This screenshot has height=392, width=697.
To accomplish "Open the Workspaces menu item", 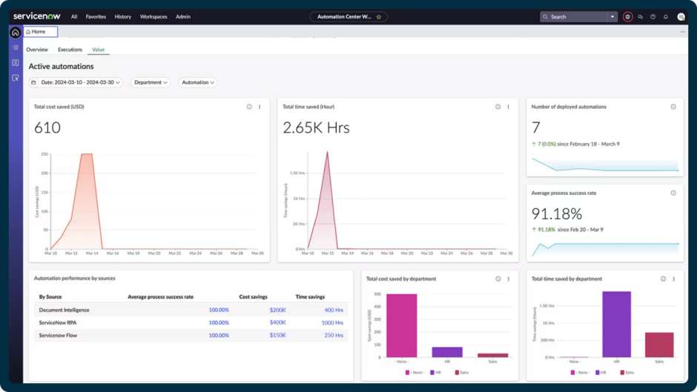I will [153, 16].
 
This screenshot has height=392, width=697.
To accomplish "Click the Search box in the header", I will [578, 16].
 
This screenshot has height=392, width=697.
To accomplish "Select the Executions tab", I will [70, 50].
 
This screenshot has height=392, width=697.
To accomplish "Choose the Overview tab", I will [37, 50].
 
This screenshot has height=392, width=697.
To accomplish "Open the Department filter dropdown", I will [151, 82].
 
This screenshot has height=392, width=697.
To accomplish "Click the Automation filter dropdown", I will [197, 82].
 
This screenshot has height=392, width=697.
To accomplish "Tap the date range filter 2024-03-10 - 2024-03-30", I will [77, 82].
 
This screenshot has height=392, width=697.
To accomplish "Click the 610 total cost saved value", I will [47, 127].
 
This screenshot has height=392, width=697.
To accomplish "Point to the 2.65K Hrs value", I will [316, 127].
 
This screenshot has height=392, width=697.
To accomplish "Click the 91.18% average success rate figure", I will [556, 214].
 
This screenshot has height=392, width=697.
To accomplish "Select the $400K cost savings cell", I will [277, 322].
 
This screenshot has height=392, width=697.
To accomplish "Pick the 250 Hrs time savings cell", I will [333, 336].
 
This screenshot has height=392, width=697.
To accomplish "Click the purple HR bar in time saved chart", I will [616, 325].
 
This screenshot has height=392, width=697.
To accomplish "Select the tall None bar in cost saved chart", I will [401, 326].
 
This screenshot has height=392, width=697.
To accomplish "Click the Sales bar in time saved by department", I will [659, 345].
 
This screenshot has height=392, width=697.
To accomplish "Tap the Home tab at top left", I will [40, 32].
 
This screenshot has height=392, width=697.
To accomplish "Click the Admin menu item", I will [183, 16].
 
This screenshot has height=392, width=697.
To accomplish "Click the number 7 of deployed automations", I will [536, 127].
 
